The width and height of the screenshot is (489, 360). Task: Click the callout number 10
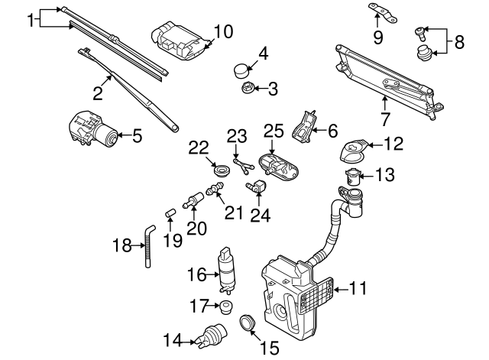click(x=222, y=31)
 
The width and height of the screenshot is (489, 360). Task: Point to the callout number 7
click(x=385, y=118)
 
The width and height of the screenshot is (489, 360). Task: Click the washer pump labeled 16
click(x=226, y=271)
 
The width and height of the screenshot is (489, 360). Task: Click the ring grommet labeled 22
click(x=222, y=168)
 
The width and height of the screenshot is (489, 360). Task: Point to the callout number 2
click(x=98, y=94)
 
